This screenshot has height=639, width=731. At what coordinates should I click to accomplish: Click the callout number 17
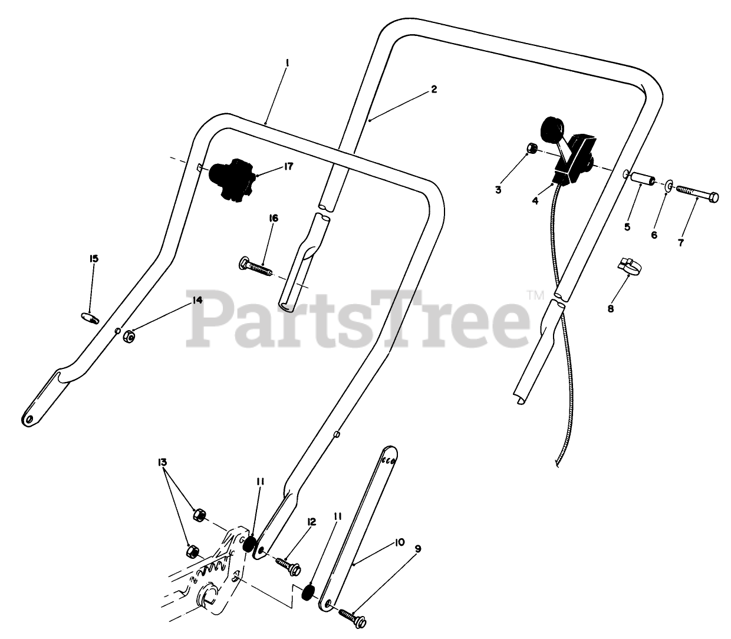(288, 167)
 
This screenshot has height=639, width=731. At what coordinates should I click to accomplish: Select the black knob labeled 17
(232, 179)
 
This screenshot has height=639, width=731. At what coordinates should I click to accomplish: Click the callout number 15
(94, 258)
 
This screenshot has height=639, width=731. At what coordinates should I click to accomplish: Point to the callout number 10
(400, 541)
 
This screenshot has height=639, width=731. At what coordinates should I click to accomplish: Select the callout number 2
(434, 90)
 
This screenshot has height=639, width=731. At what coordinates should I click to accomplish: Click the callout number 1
(287, 61)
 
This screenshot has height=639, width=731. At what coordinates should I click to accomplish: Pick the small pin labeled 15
(90, 318)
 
